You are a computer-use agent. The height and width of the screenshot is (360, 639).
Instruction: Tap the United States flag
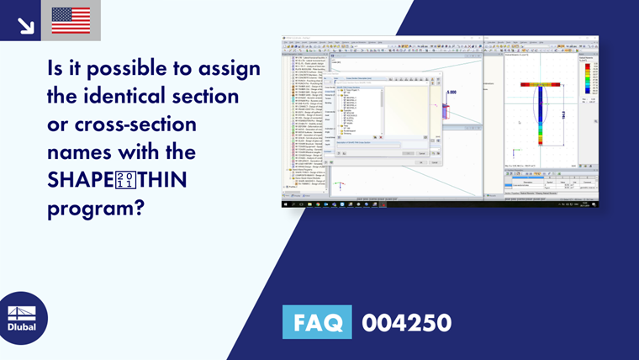point(71,20)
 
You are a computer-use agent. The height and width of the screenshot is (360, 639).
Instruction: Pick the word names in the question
point(84,153)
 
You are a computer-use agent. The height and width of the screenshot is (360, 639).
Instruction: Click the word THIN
point(168,181)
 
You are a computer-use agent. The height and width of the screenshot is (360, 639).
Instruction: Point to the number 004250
point(406,322)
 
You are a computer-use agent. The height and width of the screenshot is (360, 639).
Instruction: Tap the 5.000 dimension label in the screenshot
point(452,91)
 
